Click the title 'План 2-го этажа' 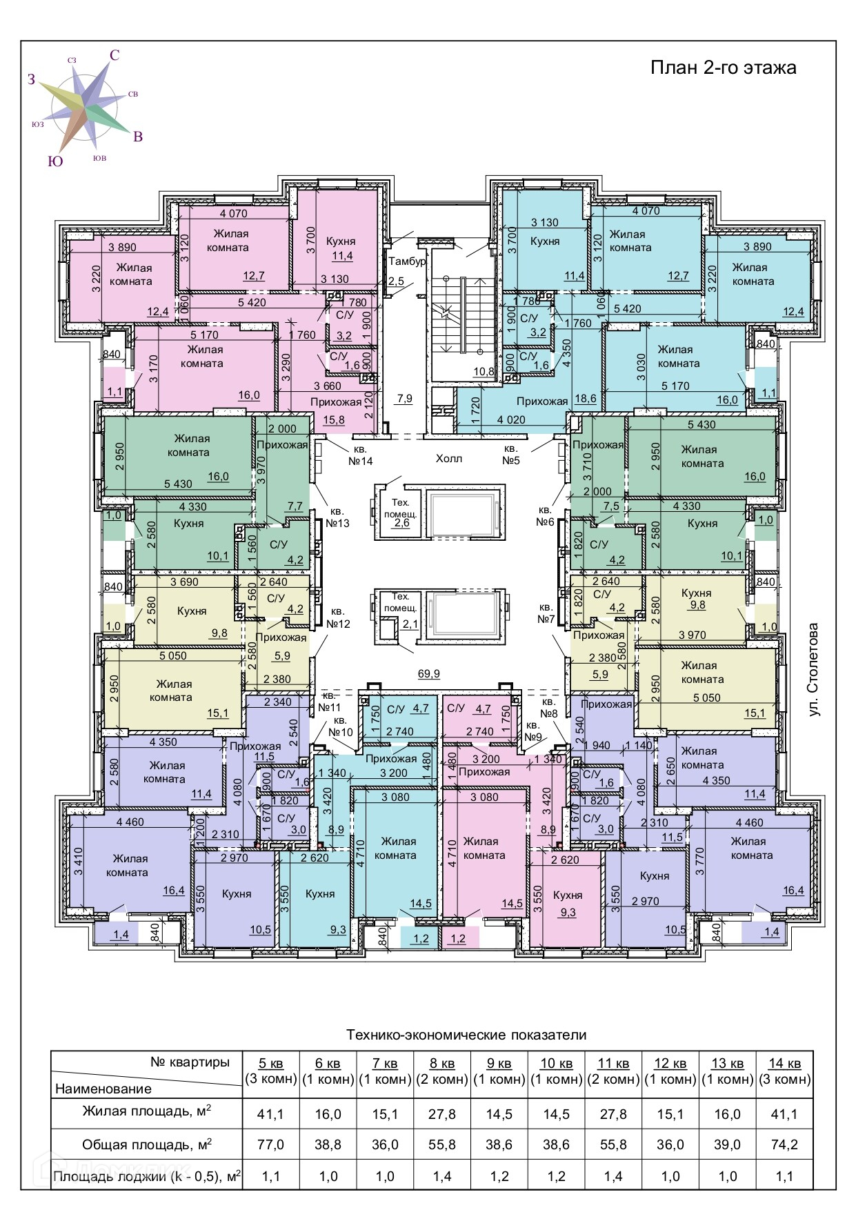(x=724, y=68)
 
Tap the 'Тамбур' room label (x=407, y=261)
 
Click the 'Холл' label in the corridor (x=449, y=459)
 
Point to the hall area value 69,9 (x=429, y=674)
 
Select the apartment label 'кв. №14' (x=361, y=455)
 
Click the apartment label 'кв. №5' (x=510, y=455)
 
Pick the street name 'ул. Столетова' (x=814, y=670)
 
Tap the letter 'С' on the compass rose (x=115, y=56)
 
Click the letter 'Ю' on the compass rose (x=55, y=161)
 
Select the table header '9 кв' (x=499, y=1063)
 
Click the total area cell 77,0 (x=270, y=1144)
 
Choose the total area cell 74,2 (x=785, y=1144)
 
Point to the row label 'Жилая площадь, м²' (x=147, y=1111)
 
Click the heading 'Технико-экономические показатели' (x=466, y=1035)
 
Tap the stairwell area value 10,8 (x=484, y=371)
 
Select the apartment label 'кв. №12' (x=337, y=617)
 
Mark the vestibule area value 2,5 (x=396, y=281)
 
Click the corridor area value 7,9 (x=405, y=398)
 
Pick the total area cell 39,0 (x=728, y=1144)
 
